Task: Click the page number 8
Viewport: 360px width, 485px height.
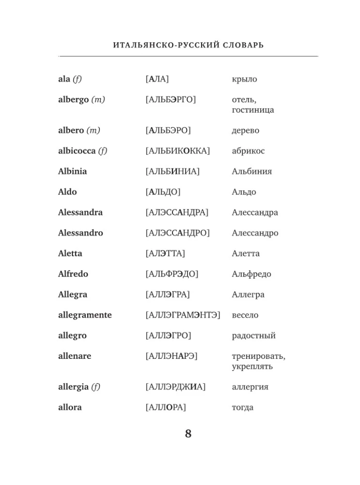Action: (x=188, y=433)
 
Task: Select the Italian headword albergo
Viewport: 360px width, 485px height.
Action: (x=73, y=99)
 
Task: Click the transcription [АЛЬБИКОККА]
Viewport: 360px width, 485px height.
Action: (x=177, y=151)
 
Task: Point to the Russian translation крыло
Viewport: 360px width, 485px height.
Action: (x=244, y=79)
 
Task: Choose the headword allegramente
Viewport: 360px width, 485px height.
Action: (x=85, y=315)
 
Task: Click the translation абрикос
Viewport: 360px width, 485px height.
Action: (x=248, y=151)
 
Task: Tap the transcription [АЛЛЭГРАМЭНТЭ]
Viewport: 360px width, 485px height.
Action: (x=183, y=315)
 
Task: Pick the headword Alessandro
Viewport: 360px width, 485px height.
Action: (x=80, y=233)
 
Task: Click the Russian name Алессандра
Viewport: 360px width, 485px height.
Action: (x=255, y=212)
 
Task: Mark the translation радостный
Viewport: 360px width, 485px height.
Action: (x=253, y=336)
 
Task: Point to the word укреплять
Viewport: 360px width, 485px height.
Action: (x=252, y=367)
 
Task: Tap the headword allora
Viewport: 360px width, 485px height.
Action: (x=70, y=407)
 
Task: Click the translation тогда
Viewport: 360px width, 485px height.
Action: (x=242, y=407)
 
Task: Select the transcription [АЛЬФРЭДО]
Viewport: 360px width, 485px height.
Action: (x=172, y=274)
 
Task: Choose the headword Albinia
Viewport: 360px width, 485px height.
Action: (x=73, y=171)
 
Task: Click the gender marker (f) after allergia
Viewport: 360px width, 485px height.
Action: (x=96, y=387)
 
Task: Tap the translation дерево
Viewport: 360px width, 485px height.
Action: (x=245, y=130)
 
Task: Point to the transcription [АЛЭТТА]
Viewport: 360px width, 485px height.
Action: (x=165, y=253)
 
